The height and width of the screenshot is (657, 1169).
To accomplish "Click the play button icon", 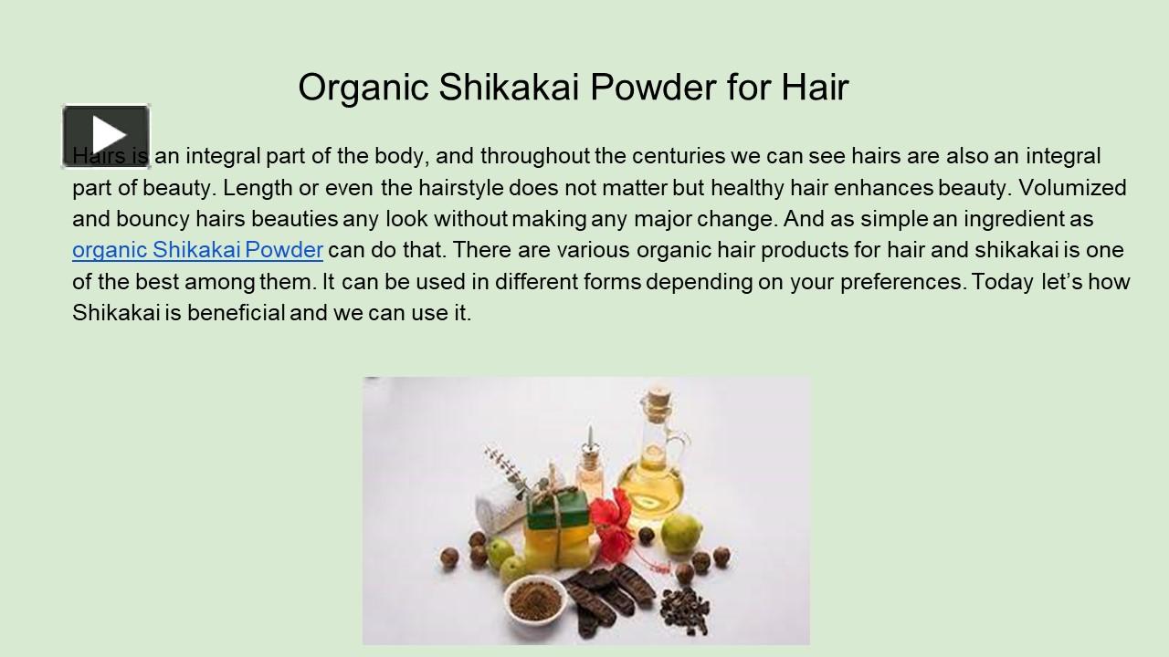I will (x=106, y=136).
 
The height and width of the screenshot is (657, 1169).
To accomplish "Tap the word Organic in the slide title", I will (x=363, y=88).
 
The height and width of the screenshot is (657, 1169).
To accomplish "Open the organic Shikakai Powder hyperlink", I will (x=197, y=250).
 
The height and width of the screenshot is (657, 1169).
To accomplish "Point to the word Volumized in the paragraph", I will (x=1072, y=188).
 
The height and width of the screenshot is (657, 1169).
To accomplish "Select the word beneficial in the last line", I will (x=237, y=313).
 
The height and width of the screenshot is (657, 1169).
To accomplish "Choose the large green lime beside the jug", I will (x=681, y=530).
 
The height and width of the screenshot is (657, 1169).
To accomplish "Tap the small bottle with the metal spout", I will (x=590, y=465).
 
